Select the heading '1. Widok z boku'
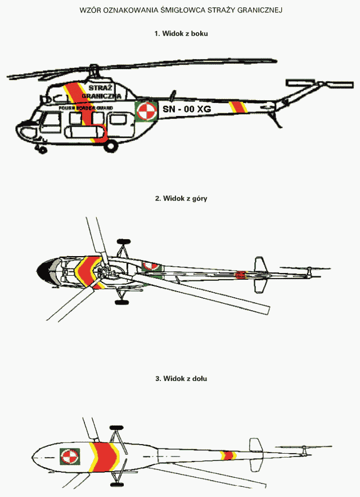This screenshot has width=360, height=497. (181, 34)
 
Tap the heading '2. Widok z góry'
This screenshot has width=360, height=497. (181, 199)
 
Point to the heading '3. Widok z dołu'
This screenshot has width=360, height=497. (181, 379)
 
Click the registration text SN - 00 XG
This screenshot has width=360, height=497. (187, 109)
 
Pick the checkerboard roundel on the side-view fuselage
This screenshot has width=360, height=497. (146, 110)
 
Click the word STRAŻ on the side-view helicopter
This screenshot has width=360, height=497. (101, 87)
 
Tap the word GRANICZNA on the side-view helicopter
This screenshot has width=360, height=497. (101, 96)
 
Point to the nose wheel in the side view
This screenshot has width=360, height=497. (40, 150)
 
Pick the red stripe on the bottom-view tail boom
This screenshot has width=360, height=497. (228, 454)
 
